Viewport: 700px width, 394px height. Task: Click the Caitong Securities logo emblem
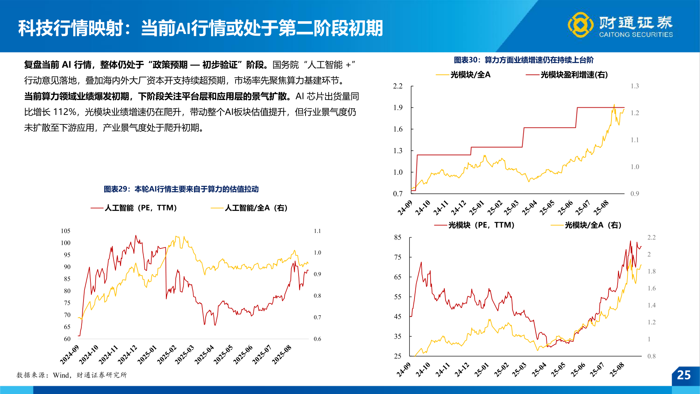tap(580, 25)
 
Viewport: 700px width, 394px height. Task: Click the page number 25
tap(684, 375)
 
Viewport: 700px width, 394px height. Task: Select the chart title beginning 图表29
tap(181, 189)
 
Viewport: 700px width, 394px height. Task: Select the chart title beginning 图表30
tap(524, 60)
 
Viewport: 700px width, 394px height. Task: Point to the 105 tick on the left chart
tap(66, 231)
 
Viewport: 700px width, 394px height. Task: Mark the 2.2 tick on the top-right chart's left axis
tap(398, 86)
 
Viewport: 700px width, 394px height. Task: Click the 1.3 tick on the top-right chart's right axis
tap(635, 86)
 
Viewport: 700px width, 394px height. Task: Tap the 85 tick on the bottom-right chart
tap(397, 237)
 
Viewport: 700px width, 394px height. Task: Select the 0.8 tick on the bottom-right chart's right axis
tap(652, 356)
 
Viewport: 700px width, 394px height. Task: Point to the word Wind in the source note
tap(61, 375)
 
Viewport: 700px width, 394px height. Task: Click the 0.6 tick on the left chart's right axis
tap(318, 339)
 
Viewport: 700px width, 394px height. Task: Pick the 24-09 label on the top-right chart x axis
tap(405, 208)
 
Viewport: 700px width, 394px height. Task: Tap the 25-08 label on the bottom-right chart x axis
tap(617, 370)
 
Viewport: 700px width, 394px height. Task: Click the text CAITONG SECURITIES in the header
tap(636, 35)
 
